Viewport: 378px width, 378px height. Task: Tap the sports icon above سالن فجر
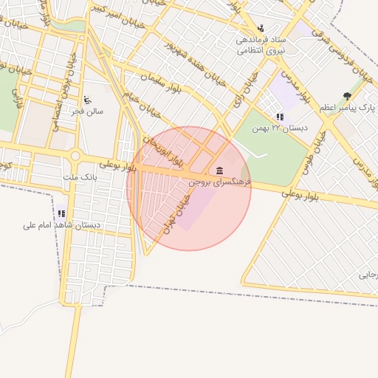tap(88, 100)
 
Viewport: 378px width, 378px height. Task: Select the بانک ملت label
tap(81, 178)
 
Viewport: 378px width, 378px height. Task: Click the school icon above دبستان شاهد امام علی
tap(62, 214)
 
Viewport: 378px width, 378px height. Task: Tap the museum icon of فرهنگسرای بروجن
tap(220, 171)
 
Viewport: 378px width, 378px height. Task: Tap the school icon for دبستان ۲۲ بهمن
tap(279, 117)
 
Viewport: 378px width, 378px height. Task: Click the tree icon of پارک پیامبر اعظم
tap(347, 97)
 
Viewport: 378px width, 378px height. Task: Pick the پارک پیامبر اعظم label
tap(347, 108)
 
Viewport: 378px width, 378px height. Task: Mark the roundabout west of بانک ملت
tap(76, 157)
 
